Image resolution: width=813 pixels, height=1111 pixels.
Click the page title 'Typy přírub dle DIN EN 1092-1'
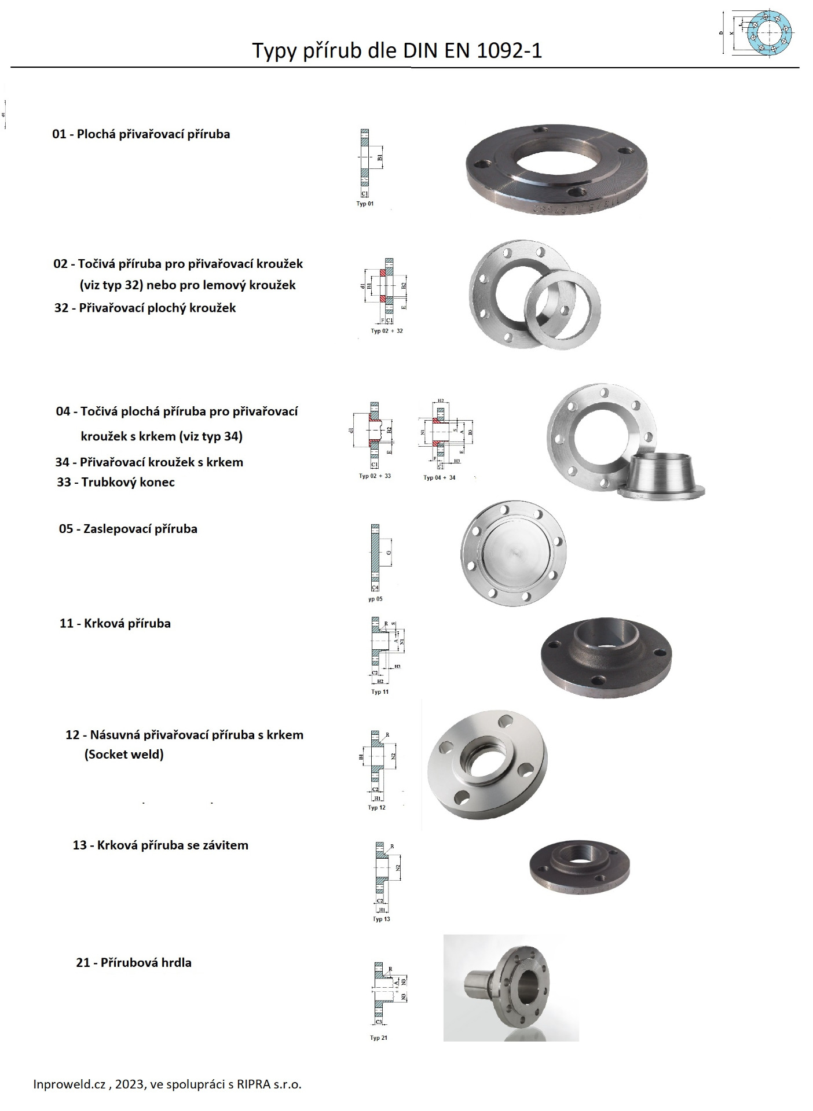click(397, 51)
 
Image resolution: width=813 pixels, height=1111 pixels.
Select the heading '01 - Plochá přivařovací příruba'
click(141, 134)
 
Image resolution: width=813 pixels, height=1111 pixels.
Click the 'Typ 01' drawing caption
click(365, 204)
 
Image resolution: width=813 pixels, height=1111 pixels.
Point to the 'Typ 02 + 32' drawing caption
click(387, 331)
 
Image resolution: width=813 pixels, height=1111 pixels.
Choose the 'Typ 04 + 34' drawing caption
click(439, 477)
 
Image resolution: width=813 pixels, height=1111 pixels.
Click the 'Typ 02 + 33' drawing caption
click(375, 476)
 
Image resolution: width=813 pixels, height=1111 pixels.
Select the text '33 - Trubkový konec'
click(116, 482)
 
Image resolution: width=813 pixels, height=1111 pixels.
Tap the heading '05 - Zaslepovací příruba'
click(128, 529)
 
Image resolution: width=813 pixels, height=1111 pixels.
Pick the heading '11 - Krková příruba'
click(115, 624)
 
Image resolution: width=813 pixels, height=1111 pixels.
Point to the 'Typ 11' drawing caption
click(380, 691)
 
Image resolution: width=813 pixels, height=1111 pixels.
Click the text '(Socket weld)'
click(124, 755)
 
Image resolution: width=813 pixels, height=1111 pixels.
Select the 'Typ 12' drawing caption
click(376, 807)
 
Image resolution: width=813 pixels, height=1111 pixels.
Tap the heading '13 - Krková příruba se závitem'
click(160, 845)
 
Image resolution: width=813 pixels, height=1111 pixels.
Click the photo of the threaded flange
click(579, 866)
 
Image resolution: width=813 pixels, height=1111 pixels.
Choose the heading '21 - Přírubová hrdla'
click(134, 963)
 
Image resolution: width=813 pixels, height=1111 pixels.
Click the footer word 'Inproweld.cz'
click(69, 1084)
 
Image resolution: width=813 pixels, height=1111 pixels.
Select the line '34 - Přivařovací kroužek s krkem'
click(149, 462)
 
